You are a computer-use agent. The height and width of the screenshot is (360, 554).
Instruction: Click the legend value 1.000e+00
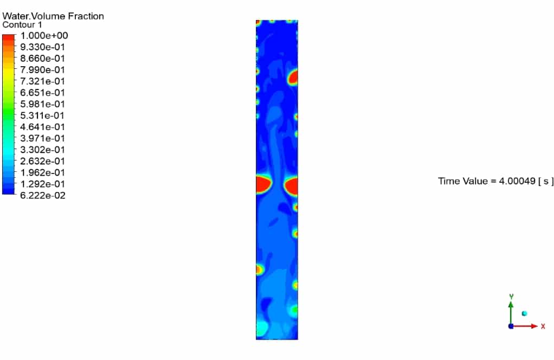coord(44,36)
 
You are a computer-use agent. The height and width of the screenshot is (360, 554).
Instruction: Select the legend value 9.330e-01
coord(43,47)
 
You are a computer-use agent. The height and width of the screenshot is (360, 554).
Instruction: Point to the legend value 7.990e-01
coord(43,70)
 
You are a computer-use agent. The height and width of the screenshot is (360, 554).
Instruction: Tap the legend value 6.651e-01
coord(43,93)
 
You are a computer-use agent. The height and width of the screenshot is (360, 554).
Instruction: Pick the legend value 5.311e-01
coord(43,115)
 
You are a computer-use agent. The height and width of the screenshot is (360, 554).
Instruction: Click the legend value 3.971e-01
coord(43,138)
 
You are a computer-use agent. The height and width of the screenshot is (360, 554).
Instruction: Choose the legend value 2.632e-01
coord(43,161)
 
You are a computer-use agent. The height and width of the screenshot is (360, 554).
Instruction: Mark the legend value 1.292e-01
coord(43,184)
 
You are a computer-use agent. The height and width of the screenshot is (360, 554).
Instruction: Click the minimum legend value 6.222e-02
coord(43,195)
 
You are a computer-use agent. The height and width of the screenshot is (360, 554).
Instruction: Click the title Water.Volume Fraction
coord(53,16)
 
